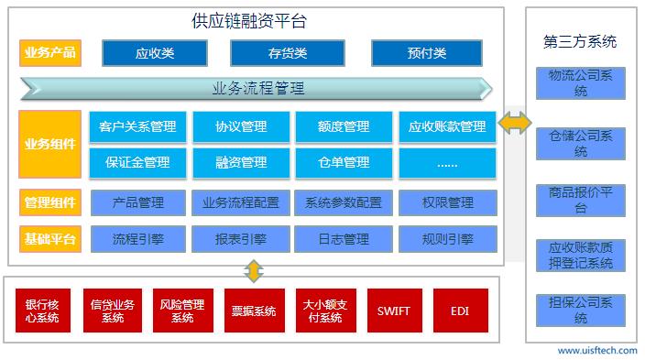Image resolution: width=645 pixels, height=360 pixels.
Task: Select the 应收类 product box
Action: [x=154, y=53]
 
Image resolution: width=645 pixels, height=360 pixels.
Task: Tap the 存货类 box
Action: [x=280, y=53]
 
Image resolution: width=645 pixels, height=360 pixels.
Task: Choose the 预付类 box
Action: [x=426, y=53]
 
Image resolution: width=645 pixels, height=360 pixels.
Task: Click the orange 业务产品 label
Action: [x=49, y=53]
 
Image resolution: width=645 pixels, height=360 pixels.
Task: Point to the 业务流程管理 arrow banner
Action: [x=257, y=89]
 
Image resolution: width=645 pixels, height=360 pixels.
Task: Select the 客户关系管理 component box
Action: [x=137, y=126]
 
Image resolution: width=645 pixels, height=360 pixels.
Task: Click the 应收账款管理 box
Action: [x=447, y=126]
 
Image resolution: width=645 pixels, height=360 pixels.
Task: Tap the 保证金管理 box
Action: [x=137, y=162]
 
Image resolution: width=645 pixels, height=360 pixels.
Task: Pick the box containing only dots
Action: [x=447, y=162]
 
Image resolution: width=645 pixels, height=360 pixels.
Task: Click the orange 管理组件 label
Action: [x=49, y=202]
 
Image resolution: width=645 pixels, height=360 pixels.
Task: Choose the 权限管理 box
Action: [x=447, y=202]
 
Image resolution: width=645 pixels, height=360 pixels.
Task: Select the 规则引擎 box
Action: [x=447, y=239]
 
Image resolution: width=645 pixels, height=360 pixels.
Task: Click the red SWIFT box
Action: [x=393, y=311]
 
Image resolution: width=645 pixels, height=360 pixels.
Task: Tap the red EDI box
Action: [x=460, y=311]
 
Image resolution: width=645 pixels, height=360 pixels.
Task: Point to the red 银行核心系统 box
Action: [x=42, y=311]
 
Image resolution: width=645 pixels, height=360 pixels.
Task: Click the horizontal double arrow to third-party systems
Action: [x=514, y=123]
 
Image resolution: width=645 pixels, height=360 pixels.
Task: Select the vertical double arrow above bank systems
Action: [x=254, y=270]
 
